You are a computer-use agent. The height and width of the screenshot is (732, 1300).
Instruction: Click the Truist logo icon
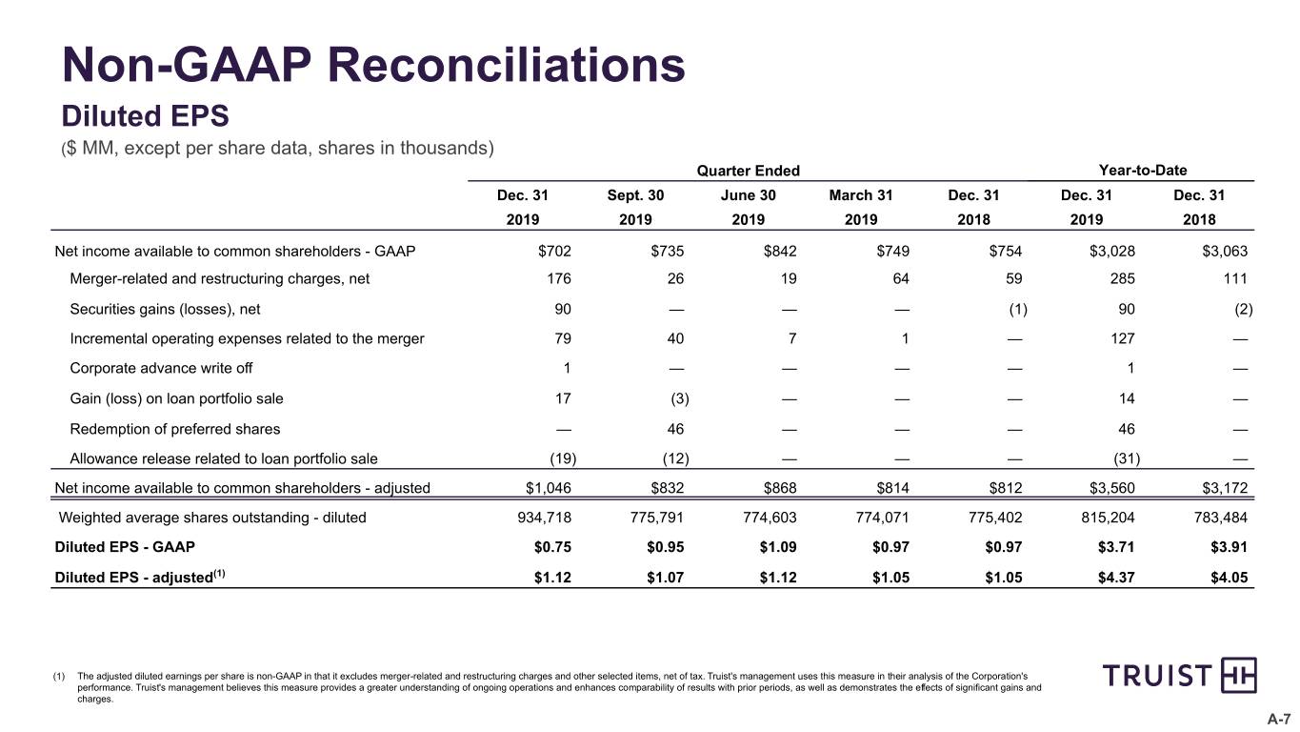pyautogui.click(x=1238, y=675)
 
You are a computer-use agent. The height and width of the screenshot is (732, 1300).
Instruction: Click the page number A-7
pyautogui.click(x=1278, y=719)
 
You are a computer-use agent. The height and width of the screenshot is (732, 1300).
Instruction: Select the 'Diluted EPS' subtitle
pyautogui.click(x=145, y=115)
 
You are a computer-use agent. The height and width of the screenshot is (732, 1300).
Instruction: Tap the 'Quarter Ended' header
pyautogui.click(x=748, y=171)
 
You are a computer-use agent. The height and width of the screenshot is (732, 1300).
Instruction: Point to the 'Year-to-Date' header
pyautogui.click(x=1143, y=171)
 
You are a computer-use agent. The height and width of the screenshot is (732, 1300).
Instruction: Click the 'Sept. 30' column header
pyautogui.click(x=635, y=195)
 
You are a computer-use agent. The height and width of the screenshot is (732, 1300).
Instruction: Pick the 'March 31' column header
pyautogui.click(x=861, y=195)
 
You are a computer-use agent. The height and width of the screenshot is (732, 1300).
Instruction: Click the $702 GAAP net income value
pyautogui.click(x=555, y=251)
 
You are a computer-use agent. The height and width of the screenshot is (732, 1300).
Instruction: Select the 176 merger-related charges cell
pyautogui.click(x=559, y=279)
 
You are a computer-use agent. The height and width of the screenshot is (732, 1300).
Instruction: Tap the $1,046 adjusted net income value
pyautogui.click(x=549, y=488)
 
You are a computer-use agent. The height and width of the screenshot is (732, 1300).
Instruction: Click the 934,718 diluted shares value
pyautogui.click(x=545, y=518)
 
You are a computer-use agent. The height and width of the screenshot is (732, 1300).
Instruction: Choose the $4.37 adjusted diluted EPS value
pyautogui.click(x=1116, y=578)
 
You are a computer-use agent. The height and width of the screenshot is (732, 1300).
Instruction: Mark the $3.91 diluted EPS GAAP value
pyautogui.click(x=1229, y=547)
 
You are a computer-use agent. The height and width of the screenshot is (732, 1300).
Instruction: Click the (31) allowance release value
pyautogui.click(x=1127, y=459)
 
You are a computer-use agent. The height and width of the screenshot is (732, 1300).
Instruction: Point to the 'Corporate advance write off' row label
pyautogui.click(x=161, y=368)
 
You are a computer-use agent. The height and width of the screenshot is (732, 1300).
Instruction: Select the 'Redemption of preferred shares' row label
pyautogui.click(x=174, y=429)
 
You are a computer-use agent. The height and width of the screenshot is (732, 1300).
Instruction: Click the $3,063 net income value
pyautogui.click(x=1225, y=251)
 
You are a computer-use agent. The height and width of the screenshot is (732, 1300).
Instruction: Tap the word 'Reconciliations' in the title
pyautogui.click(x=506, y=65)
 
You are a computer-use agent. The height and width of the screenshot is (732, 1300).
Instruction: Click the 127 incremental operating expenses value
pyautogui.click(x=1123, y=338)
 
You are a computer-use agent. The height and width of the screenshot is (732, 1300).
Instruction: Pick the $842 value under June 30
pyautogui.click(x=780, y=251)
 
